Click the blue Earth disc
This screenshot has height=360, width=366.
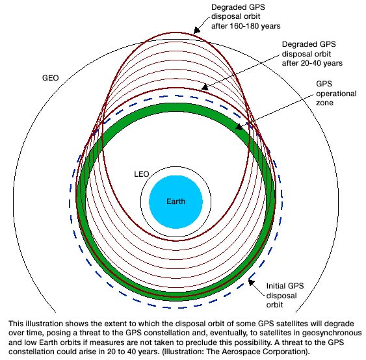[176, 202]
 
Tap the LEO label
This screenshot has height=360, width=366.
[142, 174]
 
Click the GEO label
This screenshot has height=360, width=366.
[51, 78]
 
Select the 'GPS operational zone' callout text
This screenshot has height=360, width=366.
[336, 94]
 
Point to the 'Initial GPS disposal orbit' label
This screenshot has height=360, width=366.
[285, 296]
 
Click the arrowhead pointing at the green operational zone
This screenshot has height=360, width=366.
[239, 127]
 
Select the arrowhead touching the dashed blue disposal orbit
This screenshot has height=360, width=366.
[251, 283]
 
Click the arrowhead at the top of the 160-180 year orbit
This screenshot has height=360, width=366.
[197, 31]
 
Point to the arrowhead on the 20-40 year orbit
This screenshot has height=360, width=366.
[205, 87]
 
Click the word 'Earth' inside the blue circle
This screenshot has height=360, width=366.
[176, 201]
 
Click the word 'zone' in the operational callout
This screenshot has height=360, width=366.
[324, 103]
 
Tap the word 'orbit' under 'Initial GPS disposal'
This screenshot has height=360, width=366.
[274, 305]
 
